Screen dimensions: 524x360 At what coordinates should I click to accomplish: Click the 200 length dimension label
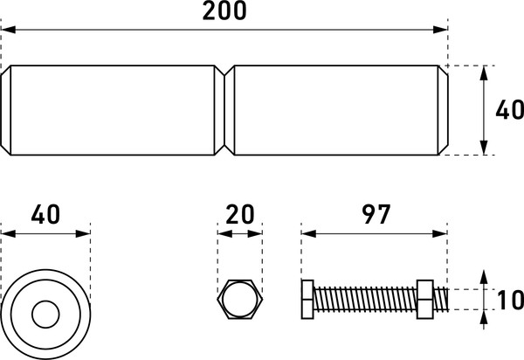224,10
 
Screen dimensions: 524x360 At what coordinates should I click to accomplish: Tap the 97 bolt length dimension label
376,214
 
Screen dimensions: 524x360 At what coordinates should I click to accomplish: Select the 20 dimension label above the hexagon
240,214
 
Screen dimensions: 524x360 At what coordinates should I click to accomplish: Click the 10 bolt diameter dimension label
510,300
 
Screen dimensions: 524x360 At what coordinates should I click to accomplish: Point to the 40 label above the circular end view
45,214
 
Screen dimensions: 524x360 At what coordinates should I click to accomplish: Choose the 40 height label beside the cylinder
510,109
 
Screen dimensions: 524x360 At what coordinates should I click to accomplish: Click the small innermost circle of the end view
45,315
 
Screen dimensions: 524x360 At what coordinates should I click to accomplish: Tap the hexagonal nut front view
240,299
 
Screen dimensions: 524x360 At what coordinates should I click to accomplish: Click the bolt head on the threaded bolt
307,299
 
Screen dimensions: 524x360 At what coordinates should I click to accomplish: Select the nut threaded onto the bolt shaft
425,299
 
